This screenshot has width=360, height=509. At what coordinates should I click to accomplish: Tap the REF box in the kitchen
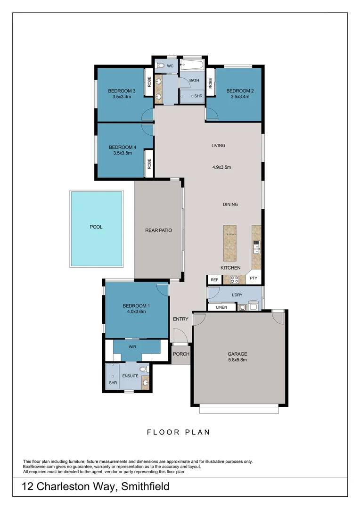(x=214, y=279)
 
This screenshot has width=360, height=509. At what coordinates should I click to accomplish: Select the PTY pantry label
(x=254, y=278)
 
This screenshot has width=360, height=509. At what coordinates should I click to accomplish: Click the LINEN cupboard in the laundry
(x=221, y=307)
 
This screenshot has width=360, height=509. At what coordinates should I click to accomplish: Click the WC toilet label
(x=170, y=66)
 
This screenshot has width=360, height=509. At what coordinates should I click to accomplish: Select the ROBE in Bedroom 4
(x=149, y=163)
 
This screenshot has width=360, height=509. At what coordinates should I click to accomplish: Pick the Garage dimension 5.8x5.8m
(x=237, y=360)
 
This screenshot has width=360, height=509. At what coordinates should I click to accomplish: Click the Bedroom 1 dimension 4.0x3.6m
(x=136, y=312)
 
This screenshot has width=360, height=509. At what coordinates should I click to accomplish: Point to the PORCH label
(x=181, y=354)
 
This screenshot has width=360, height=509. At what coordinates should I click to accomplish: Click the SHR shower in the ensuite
(x=113, y=383)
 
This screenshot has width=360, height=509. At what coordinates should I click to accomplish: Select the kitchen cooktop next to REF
(x=234, y=279)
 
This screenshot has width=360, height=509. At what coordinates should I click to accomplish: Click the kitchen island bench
(x=231, y=243)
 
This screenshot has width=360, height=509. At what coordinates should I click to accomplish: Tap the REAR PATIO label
(x=158, y=230)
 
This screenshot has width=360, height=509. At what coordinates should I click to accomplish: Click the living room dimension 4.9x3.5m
(x=221, y=167)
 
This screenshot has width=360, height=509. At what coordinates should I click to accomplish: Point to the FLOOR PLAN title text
(x=178, y=432)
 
